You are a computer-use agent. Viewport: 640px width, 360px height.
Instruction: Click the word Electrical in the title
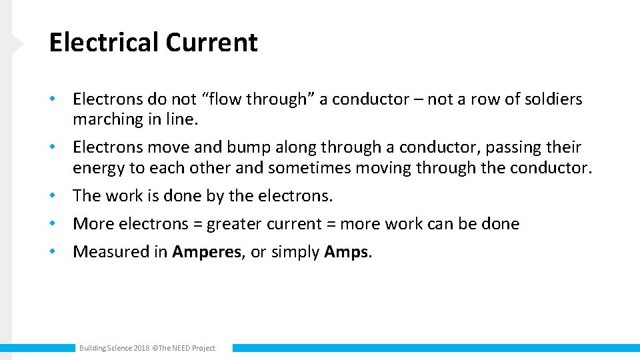point(104,43)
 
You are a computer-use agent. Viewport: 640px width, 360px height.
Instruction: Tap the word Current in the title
point(211,43)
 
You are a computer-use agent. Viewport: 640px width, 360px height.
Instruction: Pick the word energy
point(99,168)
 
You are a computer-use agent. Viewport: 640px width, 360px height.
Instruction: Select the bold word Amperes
point(207,252)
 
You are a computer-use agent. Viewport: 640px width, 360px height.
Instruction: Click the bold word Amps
point(346,252)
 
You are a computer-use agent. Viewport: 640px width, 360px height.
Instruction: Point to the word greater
point(236,224)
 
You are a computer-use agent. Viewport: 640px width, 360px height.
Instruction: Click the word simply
point(294,252)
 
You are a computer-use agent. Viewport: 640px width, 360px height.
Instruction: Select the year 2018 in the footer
point(141,348)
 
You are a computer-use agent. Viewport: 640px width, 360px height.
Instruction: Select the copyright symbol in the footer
point(155,348)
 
